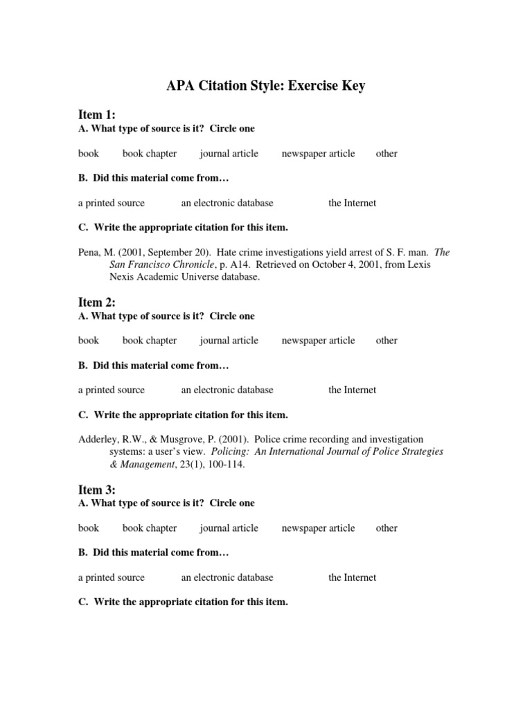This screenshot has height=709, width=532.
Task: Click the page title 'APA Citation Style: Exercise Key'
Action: click(265, 87)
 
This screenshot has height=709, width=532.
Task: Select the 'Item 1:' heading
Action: click(97, 115)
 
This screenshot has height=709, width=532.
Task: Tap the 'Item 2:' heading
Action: click(97, 303)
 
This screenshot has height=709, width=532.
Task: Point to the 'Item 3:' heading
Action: click(97, 490)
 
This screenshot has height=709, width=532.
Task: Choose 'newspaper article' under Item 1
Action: click(318, 154)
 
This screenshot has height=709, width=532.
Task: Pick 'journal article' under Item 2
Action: click(229, 341)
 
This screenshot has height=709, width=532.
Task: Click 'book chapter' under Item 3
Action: click(150, 528)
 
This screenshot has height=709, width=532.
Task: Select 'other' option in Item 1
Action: click(387, 154)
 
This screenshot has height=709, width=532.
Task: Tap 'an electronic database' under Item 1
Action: click(227, 203)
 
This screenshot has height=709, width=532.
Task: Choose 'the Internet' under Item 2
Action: click(352, 391)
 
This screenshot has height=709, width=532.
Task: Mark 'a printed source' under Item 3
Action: click(112, 577)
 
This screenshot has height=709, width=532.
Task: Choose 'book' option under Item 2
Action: click(89, 341)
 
